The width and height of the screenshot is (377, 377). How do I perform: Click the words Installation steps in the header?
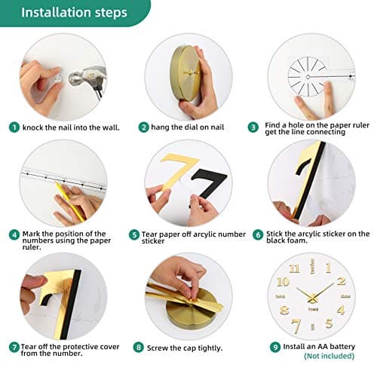click(74, 13)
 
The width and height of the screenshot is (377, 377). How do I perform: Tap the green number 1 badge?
click(14, 127)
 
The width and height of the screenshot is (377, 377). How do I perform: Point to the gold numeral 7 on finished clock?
click(297, 325)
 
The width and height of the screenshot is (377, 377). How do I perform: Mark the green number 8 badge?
click(137, 348)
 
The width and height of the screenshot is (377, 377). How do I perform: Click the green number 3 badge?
click(259, 126)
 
